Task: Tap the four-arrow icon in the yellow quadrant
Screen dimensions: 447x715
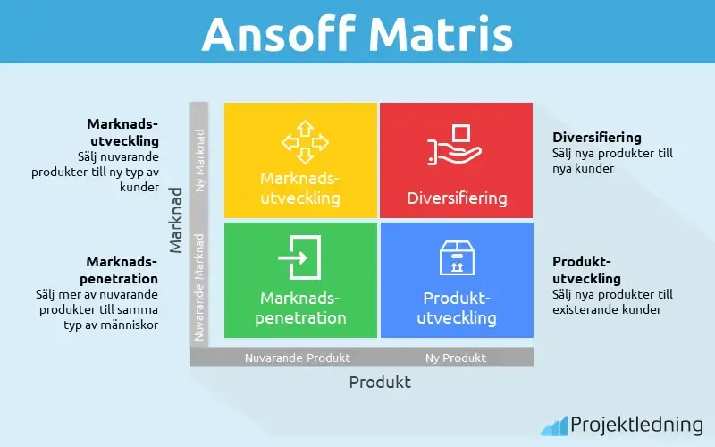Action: [300, 141]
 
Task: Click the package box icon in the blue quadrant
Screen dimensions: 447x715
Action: [456, 257]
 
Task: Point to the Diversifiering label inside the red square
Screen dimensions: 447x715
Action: [457, 198]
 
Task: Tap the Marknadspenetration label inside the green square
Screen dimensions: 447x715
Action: [302, 307]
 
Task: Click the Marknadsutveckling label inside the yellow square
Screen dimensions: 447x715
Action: [300, 188]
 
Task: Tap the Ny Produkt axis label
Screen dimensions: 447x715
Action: [456, 358]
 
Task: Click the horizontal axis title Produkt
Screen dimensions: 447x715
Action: [380, 382]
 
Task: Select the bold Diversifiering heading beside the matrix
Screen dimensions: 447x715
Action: [597, 138]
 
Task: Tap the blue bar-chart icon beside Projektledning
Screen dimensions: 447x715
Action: [554, 426]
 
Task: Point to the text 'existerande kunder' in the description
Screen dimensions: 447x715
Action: [607, 309]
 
